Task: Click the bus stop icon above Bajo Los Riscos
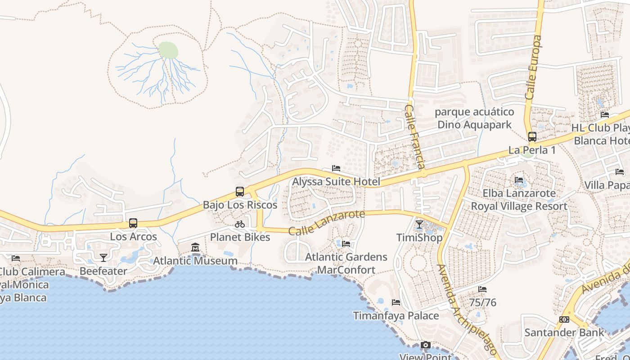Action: [x=240, y=192]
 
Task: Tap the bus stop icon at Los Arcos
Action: [x=133, y=223]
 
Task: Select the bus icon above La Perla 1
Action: [x=532, y=137]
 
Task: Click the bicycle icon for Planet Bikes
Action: [x=240, y=224]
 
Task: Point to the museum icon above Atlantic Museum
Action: [x=195, y=247]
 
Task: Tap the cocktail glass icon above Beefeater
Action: [x=103, y=257]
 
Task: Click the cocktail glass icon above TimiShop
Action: [x=419, y=224]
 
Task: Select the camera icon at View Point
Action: [x=426, y=345]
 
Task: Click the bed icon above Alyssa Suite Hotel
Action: [x=336, y=168]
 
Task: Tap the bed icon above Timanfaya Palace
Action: [x=396, y=302]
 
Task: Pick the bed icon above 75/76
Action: [x=483, y=289]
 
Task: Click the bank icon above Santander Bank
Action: [x=564, y=319]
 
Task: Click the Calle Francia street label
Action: [x=415, y=137]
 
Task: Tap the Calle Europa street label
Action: [x=533, y=67]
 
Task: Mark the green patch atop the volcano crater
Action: [x=168, y=49]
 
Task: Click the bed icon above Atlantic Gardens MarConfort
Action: [x=346, y=243]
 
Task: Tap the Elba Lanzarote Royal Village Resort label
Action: [x=519, y=200]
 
